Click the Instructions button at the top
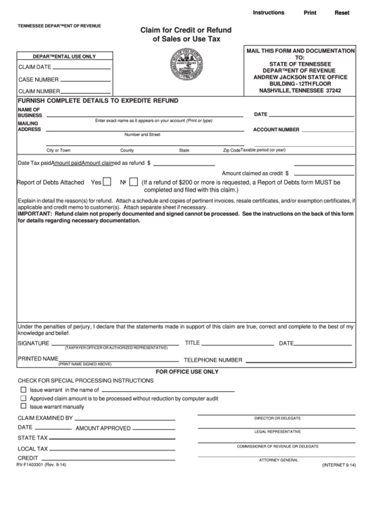(x=268, y=13)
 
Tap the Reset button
(x=342, y=13)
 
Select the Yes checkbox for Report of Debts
(x=106, y=181)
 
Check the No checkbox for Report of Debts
(x=133, y=181)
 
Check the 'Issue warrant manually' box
(x=24, y=406)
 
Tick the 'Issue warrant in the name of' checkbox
(x=24, y=389)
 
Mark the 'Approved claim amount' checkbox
(x=24, y=398)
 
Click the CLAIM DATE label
(x=34, y=67)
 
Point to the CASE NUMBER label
(x=38, y=79)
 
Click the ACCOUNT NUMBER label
(x=277, y=130)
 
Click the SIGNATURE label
(x=34, y=343)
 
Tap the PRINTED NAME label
(x=37, y=359)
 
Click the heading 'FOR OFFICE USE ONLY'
(x=186, y=371)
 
